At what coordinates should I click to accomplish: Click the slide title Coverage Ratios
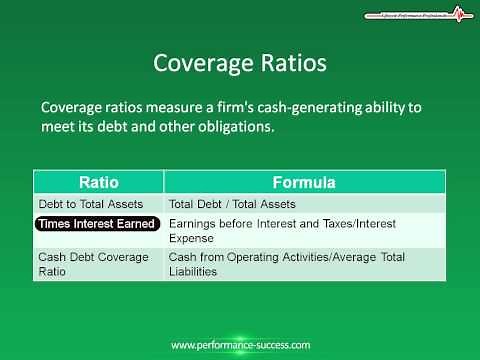[239, 63]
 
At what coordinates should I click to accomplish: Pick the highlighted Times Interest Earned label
[96, 224]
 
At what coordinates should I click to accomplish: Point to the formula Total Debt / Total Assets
[233, 204]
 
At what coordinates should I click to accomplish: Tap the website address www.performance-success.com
[239, 345]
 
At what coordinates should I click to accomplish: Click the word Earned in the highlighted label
[135, 224]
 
